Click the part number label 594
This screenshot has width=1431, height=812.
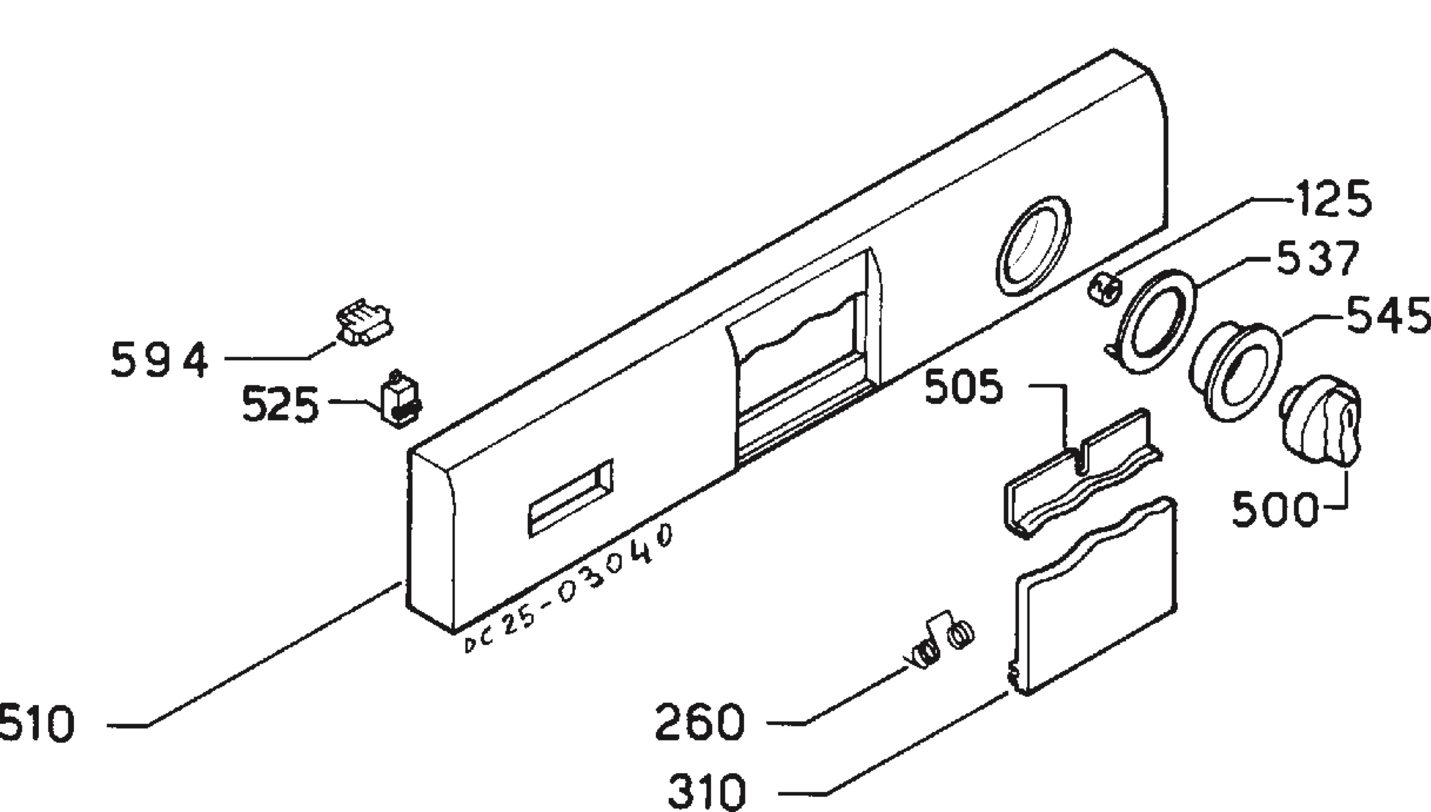(160, 360)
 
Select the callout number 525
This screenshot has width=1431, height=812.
(280, 405)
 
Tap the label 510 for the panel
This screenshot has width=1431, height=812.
(37, 724)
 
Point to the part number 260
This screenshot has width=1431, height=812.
(700, 722)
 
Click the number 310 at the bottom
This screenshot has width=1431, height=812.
(707, 791)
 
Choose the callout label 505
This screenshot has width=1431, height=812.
(964, 387)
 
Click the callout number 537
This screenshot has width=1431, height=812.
(1318, 258)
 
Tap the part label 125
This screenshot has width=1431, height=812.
(1333, 199)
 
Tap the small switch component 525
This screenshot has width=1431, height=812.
(399, 399)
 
